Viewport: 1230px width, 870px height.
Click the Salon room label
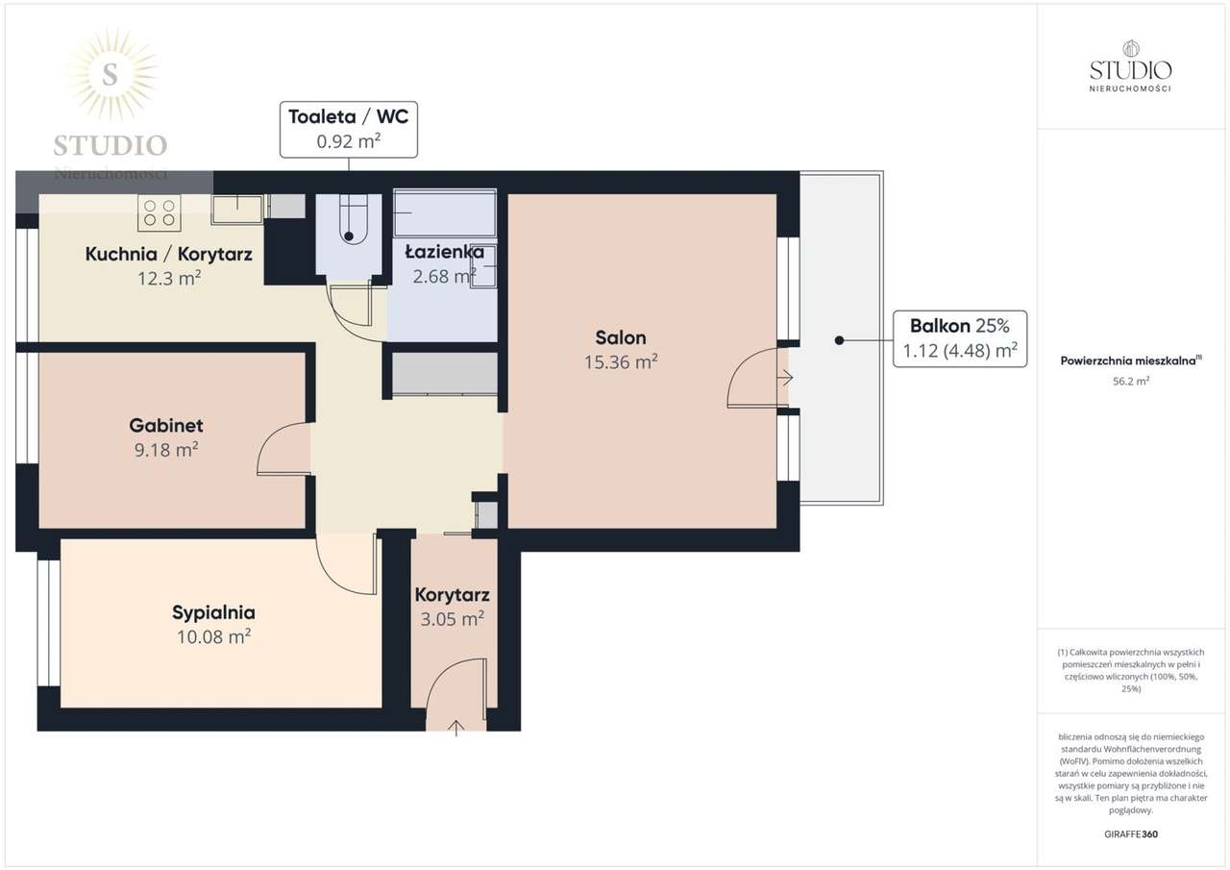pos(621,337)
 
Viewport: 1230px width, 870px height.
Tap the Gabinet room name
pos(166,425)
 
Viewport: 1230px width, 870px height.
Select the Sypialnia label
pos(213,612)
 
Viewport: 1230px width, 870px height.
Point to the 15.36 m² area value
pos(621,362)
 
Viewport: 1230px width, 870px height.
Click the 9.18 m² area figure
pos(166,450)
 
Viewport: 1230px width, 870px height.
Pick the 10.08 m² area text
pos(213,636)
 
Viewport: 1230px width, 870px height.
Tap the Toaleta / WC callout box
pos(349,130)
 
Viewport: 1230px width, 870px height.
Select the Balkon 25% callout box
pos(960,338)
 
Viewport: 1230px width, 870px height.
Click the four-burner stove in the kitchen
pos(160,213)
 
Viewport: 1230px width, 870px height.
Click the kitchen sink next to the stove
pos(237,210)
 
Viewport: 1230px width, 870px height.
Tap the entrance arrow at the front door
pos(455,729)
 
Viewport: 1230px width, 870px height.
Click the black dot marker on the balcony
pos(839,340)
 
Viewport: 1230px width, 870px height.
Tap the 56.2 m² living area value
pos(1131,382)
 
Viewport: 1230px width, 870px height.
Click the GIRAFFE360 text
pos(1131,834)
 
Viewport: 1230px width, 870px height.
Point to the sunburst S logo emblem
pos(111,74)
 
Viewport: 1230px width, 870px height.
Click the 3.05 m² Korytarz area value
pos(452,619)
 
